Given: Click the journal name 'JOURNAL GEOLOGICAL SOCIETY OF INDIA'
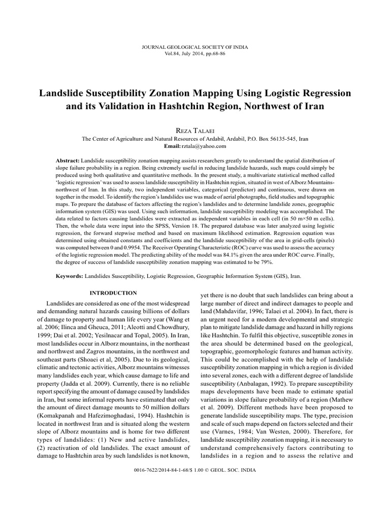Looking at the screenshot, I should tap(195, 47).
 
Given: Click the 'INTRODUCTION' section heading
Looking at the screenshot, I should tap(113, 293).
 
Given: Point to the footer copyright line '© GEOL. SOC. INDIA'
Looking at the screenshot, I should tap(231, 470).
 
